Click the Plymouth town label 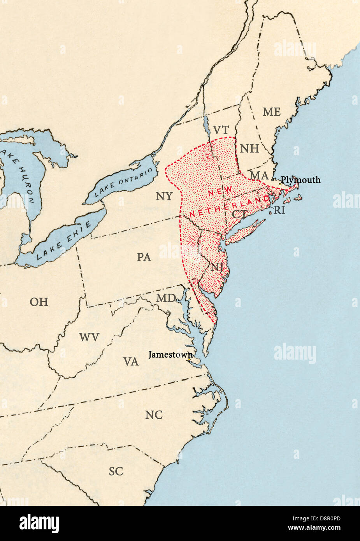point(300,180)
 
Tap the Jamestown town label point(170,355)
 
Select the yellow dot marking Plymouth point(280,184)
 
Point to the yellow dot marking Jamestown point(189,360)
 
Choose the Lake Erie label point(65,240)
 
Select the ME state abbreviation point(271,112)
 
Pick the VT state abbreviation point(221,130)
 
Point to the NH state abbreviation point(249,148)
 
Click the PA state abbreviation point(144,257)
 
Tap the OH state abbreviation point(39,302)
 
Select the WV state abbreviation point(89,337)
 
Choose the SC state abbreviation point(116,471)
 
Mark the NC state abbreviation point(154,415)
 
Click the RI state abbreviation point(279,211)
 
